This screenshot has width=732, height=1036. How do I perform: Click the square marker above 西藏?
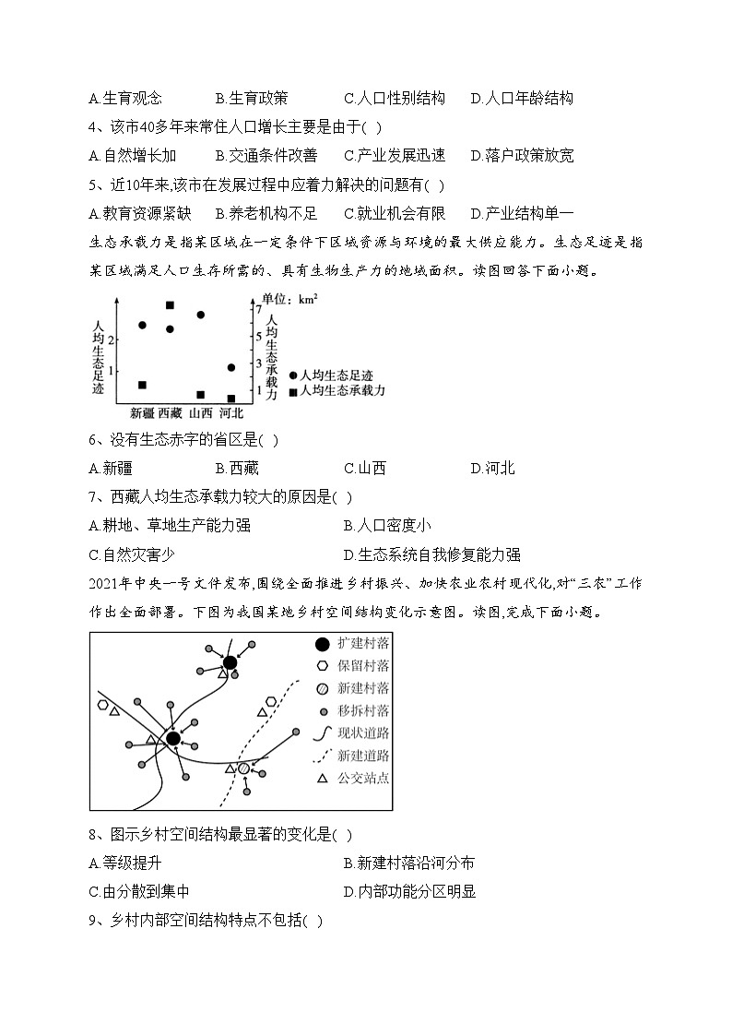[170, 305]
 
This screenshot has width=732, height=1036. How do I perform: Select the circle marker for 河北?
[230, 367]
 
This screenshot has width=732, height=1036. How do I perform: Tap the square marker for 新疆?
[142, 385]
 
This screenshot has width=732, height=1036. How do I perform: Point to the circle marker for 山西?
[200, 315]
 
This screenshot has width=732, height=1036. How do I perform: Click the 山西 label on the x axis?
[201, 413]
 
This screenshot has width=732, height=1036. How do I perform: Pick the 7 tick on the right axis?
[259, 310]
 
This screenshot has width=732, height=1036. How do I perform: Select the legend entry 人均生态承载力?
[336, 391]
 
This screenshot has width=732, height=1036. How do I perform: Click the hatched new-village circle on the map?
[243, 768]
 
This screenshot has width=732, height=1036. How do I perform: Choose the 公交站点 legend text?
[363, 778]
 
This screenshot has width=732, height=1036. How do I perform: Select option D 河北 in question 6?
[492, 468]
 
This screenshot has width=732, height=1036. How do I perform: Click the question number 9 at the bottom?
[93, 921]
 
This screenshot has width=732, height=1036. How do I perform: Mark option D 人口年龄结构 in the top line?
[522, 98]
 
